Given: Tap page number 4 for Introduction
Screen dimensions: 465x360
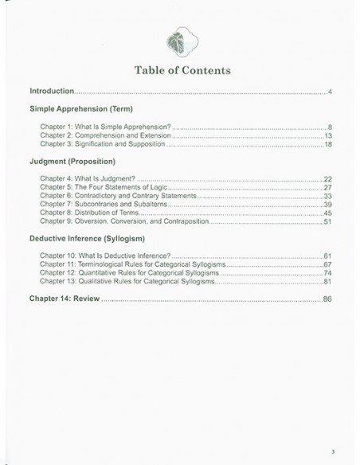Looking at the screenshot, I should click(329, 93).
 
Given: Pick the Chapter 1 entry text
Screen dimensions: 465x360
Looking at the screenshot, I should click(105, 127).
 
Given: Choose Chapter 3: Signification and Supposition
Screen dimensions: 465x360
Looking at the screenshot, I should click(104, 145).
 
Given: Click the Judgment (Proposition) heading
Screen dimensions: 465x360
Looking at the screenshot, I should click(72, 163).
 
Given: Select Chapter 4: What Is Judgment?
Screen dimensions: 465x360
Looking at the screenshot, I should click(84, 178).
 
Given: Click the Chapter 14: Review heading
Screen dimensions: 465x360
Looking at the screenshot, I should click(61, 299).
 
